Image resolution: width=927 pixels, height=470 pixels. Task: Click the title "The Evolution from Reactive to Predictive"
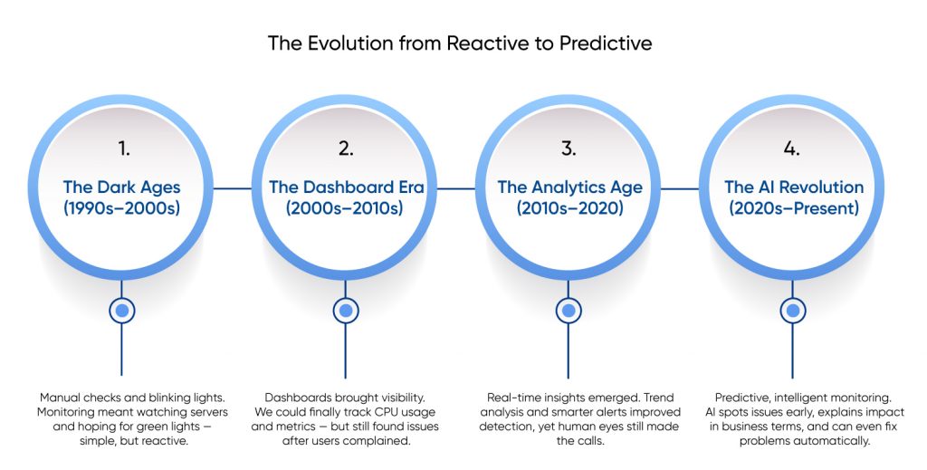(459, 43)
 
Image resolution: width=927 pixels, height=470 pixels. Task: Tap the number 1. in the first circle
(123, 149)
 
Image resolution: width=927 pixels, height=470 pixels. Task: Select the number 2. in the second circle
(346, 149)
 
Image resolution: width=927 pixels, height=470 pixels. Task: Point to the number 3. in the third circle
(569, 149)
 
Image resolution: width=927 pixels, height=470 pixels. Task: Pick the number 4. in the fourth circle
(791, 149)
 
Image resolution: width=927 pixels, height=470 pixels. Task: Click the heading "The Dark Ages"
(122, 187)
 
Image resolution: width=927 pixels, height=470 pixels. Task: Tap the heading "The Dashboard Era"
(347, 187)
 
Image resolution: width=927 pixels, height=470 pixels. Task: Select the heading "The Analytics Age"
(570, 187)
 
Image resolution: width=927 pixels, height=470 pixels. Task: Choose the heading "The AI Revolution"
(794, 187)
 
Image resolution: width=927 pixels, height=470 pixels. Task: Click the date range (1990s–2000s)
(122, 208)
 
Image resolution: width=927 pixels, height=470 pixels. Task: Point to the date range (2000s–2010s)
(344, 208)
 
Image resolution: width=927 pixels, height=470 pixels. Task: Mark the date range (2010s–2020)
(570, 208)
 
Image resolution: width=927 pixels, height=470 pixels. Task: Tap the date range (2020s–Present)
(793, 208)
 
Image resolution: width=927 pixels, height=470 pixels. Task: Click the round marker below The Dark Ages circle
(122, 311)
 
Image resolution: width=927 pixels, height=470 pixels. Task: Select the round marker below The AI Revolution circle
(793, 311)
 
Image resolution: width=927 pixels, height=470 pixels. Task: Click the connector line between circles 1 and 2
(233, 188)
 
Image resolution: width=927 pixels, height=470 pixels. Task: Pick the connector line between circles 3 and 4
(680, 188)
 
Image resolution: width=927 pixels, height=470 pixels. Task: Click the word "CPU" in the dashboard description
(370, 412)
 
